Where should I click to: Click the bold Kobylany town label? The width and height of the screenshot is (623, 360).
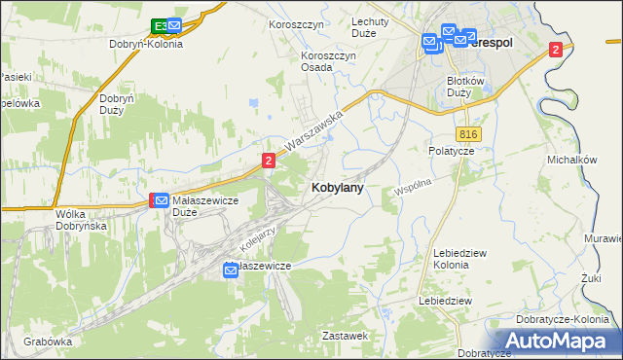(338, 189)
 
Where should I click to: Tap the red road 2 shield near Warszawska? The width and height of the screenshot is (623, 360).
(268, 160)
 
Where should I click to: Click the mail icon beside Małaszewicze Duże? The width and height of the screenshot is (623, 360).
(163, 200)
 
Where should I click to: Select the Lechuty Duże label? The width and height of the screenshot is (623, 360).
(370, 27)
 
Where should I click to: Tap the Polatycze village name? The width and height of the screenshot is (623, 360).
(451, 151)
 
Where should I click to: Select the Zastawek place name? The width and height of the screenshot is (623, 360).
(345, 336)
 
